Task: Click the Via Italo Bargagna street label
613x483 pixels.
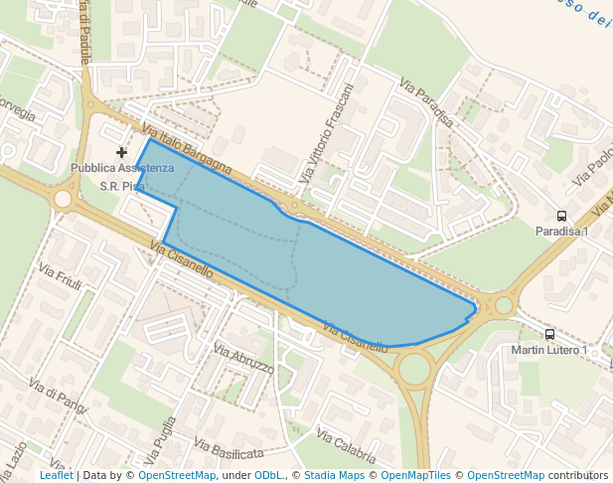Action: (x=187, y=150)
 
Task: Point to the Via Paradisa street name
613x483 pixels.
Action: (x=427, y=102)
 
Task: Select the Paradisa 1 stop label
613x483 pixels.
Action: (x=561, y=232)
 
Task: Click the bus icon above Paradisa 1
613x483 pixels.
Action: (x=562, y=216)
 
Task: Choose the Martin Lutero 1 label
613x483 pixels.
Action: (x=549, y=350)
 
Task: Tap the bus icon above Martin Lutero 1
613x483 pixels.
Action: (x=550, y=335)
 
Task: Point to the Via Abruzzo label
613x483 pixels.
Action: (x=243, y=359)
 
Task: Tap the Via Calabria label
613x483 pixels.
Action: (x=346, y=446)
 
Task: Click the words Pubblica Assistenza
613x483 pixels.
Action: (x=122, y=168)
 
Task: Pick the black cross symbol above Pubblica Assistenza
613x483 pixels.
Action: (x=122, y=152)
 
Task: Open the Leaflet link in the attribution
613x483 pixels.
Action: (x=57, y=476)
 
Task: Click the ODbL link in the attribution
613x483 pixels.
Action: (x=268, y=476)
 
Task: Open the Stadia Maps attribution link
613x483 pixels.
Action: (x=334, y=476)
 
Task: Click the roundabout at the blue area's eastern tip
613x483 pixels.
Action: (x=503, y=305)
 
